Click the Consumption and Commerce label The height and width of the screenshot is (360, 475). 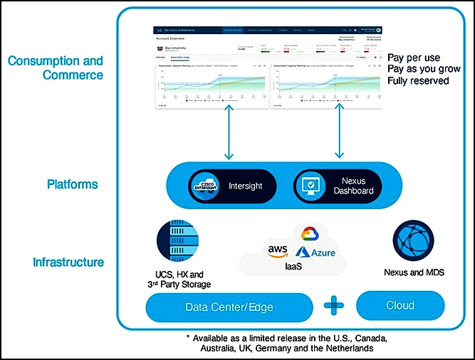click(x=56, y=68)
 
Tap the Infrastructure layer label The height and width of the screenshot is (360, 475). click(x=68, y=263)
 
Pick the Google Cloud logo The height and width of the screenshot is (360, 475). click(x=308, y=234)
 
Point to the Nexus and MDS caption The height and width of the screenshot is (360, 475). click(x=413, y=272)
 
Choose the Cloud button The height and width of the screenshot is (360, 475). click(x=400, y=306)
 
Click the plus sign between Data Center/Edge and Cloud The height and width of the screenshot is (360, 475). click(x=332, y=306)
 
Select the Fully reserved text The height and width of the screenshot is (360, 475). click(x=418, y=81)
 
